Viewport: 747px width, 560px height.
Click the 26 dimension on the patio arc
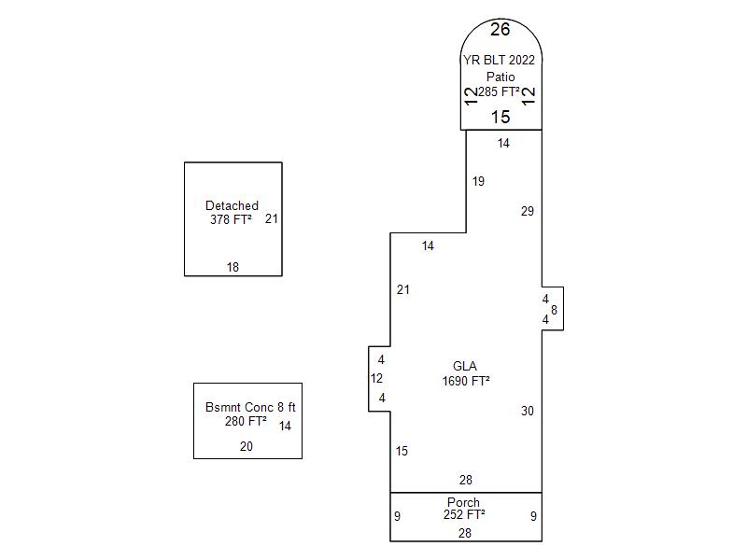[x=500, y=30]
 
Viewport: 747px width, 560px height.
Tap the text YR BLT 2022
[x=500, y=60]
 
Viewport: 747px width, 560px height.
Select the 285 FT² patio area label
[x=499, y=91]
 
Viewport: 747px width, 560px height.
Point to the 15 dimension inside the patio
[x=500, y=118]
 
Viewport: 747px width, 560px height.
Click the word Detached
[x=232, y=205]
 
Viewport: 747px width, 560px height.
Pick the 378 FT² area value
[x=231, y=219]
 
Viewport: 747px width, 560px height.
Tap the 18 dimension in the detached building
[x=233, y=267]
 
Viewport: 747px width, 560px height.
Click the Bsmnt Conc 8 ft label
[x=250, y=407]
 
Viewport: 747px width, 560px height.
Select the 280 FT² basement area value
[x=246, y=421]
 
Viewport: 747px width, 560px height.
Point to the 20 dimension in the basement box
[x=247, y=446]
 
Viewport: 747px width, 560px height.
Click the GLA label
[x=465, y=366]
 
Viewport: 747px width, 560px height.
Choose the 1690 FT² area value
[x=466, y=381]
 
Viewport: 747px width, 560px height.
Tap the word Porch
[x=463, y=502]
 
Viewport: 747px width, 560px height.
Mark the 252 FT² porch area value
[x=464, y=514]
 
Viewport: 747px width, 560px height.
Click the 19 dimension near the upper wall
[x=478, y=181]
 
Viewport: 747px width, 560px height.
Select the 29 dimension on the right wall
[x=528, y=211]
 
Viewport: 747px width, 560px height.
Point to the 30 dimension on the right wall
[x=528, y=411]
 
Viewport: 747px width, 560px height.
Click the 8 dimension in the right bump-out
[x=554, y=310]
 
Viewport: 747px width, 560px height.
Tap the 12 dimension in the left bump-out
[x=376, y=378]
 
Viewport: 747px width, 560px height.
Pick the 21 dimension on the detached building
[x=272, y=218]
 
